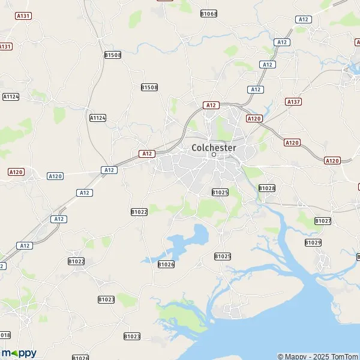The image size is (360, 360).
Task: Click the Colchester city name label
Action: (214, 147)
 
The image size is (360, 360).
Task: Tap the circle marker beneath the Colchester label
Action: (214, 155)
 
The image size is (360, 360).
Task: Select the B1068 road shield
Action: (209, 13)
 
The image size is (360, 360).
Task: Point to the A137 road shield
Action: (293, 101)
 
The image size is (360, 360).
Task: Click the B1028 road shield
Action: (267, 188)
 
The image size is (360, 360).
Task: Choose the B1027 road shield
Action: (323, 221)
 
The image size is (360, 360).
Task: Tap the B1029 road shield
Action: (313, 242)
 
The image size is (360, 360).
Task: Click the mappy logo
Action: (19, 353)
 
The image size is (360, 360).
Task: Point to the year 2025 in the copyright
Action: (318, 356)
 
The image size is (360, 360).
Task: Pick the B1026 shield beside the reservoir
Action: (166, 264)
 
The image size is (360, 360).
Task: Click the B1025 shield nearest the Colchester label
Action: (220, 192)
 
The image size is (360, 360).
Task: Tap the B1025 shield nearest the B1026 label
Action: (223, 256)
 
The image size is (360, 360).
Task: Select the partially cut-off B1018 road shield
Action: (5, 335)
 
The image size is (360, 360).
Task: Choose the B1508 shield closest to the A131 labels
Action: (113, 55)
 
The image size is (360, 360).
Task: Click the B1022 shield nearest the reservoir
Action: (139, 212)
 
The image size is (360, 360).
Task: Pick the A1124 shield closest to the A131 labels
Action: (11, 96)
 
